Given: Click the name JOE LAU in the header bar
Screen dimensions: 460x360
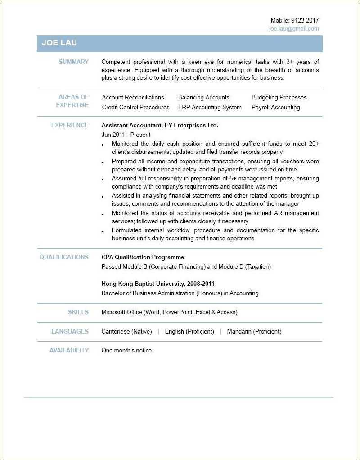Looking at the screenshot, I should [x=59, y=43].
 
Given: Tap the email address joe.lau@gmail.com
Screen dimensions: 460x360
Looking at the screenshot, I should [x=294, y=29].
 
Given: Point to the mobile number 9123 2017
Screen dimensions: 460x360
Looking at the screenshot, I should [x=305, y=21].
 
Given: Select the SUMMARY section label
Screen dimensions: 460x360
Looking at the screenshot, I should [x=74, y=62].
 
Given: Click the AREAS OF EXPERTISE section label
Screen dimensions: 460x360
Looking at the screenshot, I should [x=73, y=101].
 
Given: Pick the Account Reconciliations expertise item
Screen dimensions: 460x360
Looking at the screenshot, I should [x=133, y=98].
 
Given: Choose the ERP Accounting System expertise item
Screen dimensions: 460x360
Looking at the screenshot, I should [x=210, y=108].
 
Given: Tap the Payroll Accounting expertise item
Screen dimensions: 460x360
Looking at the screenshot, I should [x=275, y=108].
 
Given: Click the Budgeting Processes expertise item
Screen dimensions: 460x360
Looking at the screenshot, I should [x=279, y=98].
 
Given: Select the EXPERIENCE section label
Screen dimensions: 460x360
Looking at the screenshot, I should [x=70, y=126].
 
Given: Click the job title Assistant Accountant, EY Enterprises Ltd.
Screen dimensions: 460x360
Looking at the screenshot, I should [x=160, y=126].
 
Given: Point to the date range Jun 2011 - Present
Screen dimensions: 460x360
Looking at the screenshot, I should [x=126, y=135].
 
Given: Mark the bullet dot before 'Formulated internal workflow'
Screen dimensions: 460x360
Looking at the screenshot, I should [x=103, y=231].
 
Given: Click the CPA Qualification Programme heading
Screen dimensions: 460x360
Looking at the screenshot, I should [x=143, y=257].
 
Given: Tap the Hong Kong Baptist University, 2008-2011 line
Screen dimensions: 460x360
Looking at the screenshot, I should [x=158, y=284].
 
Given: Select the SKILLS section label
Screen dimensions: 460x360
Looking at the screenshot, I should [x=78, y=312].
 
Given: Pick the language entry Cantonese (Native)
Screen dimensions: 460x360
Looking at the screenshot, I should [x=126, y=332].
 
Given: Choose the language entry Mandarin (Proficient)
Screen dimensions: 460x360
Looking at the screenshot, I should [x=254, y=332].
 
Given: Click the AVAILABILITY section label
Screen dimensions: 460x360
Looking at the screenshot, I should [x=69, y=351].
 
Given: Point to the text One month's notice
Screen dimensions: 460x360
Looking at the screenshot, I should [x=126, y=351].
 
